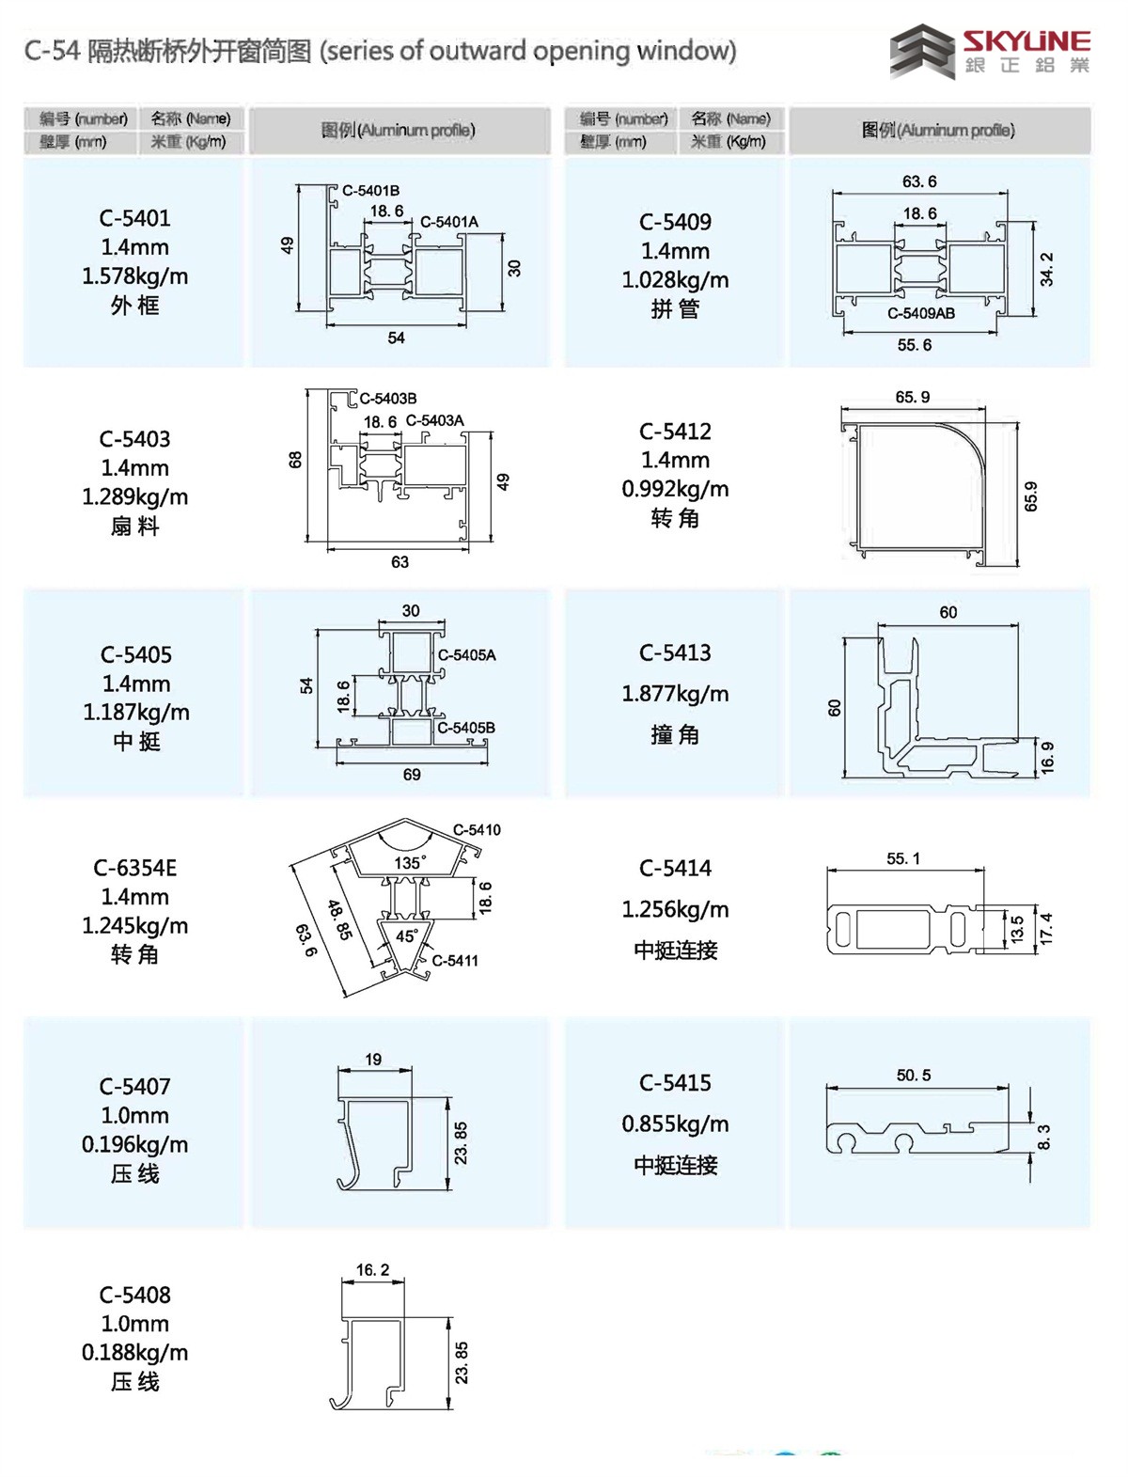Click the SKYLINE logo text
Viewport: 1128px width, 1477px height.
pos(1026,40)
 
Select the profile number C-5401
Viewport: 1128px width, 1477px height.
pos(134,218)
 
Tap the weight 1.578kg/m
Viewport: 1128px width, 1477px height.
pos(134,276)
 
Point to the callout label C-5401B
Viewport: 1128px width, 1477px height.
pos(370,191)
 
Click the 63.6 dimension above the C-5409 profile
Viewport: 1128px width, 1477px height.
pos(918,181)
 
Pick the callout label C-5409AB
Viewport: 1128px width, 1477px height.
pos(920,313)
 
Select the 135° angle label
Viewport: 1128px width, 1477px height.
pos(410,862)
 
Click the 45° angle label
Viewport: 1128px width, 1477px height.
pos(406,936)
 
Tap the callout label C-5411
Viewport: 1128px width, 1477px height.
pos(455,960)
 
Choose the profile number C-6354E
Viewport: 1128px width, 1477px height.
pos(134,868)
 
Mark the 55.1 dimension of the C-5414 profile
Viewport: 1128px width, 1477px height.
pos(902,858)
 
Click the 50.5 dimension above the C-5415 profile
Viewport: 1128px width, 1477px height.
pos(913,1075)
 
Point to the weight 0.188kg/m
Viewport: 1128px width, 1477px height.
pos(134,1352)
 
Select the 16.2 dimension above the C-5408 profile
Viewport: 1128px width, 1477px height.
pos(372,1270)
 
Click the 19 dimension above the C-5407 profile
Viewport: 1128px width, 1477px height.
pos(373,1060)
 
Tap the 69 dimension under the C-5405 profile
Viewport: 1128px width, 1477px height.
pos(412,775)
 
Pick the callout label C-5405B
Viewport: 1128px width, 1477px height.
pos(466,728)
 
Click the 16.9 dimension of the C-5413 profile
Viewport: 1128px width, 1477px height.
pos(1047,758)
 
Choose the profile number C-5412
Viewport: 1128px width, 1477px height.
pos(675,432)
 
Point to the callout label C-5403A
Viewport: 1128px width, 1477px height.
pos(434,420)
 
